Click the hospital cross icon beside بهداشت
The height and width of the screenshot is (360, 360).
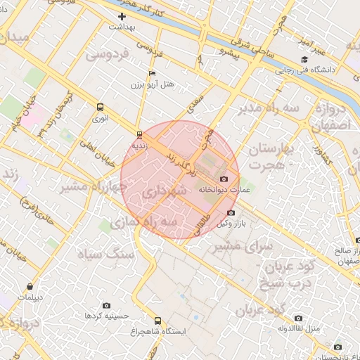tap(122, 16)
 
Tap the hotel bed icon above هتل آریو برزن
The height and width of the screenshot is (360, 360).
tap(153, 73)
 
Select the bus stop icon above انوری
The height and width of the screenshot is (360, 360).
tap(100, 108)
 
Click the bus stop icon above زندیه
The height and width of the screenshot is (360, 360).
tap(139, 134)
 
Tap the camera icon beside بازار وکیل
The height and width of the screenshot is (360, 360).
tap(231, 213)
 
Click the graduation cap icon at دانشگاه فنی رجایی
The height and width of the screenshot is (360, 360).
tap(304, 59)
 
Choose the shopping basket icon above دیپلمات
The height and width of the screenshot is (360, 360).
tap(30, 286)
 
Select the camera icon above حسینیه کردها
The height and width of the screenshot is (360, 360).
tap(106, 305)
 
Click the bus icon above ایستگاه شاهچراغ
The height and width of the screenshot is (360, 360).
tap(157, 321)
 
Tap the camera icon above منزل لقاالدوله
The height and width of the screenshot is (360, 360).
tap(299, 318)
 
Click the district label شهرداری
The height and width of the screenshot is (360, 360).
tap(164, 191)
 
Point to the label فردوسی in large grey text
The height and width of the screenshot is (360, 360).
tap(106, 53)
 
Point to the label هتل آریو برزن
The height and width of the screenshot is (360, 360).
tap(151, 84)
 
